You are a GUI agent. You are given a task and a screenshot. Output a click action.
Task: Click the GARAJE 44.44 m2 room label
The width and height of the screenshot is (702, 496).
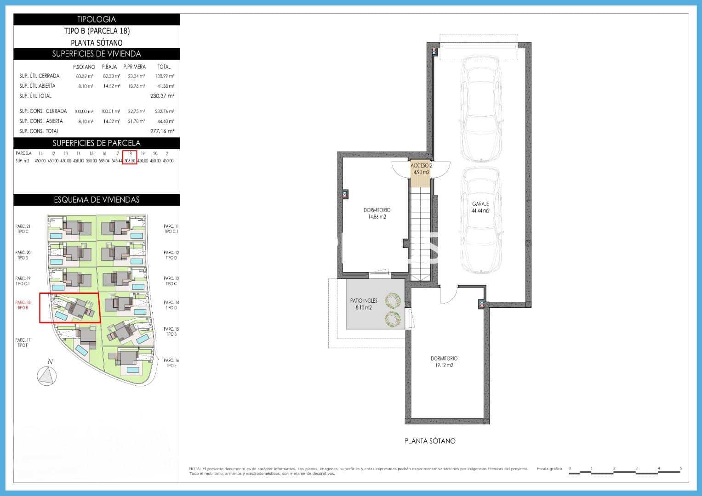coord(480,207)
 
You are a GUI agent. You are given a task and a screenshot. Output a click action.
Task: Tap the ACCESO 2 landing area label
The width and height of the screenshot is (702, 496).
coord(421,169)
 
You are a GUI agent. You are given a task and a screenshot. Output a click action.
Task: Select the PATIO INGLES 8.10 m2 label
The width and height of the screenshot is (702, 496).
coord(364,304)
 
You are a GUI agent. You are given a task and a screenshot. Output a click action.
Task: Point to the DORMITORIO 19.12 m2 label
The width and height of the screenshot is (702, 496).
coord(444,362)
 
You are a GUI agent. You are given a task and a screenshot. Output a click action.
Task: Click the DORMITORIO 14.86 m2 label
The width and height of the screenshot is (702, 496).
coord(377,213)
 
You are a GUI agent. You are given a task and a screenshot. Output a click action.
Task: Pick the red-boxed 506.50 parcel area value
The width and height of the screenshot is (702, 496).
coord(130,161)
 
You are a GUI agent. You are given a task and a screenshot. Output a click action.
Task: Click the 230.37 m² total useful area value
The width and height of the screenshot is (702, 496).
coord(162,96)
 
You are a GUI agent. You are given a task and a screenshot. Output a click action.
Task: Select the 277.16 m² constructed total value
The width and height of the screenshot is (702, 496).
coord(162,131)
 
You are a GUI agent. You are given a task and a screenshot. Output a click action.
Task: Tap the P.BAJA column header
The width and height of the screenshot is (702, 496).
coord(109,67)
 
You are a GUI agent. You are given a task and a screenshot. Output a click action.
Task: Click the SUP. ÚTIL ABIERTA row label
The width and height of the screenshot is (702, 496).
coord(37,86)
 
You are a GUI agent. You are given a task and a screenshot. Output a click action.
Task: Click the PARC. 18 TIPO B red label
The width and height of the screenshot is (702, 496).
coord(23,305)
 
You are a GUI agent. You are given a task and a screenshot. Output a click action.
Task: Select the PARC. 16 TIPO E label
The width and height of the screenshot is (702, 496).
coord(171,363)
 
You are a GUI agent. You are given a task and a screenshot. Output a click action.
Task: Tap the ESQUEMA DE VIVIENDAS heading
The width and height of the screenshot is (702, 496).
coord(97,200)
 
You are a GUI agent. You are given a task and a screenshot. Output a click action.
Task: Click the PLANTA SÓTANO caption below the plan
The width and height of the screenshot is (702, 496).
coord(430,441)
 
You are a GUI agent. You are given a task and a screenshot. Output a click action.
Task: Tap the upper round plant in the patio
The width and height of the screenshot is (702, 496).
coord(393,301)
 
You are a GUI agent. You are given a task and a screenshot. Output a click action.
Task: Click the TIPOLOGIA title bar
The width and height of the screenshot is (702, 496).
coord(97,19)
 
